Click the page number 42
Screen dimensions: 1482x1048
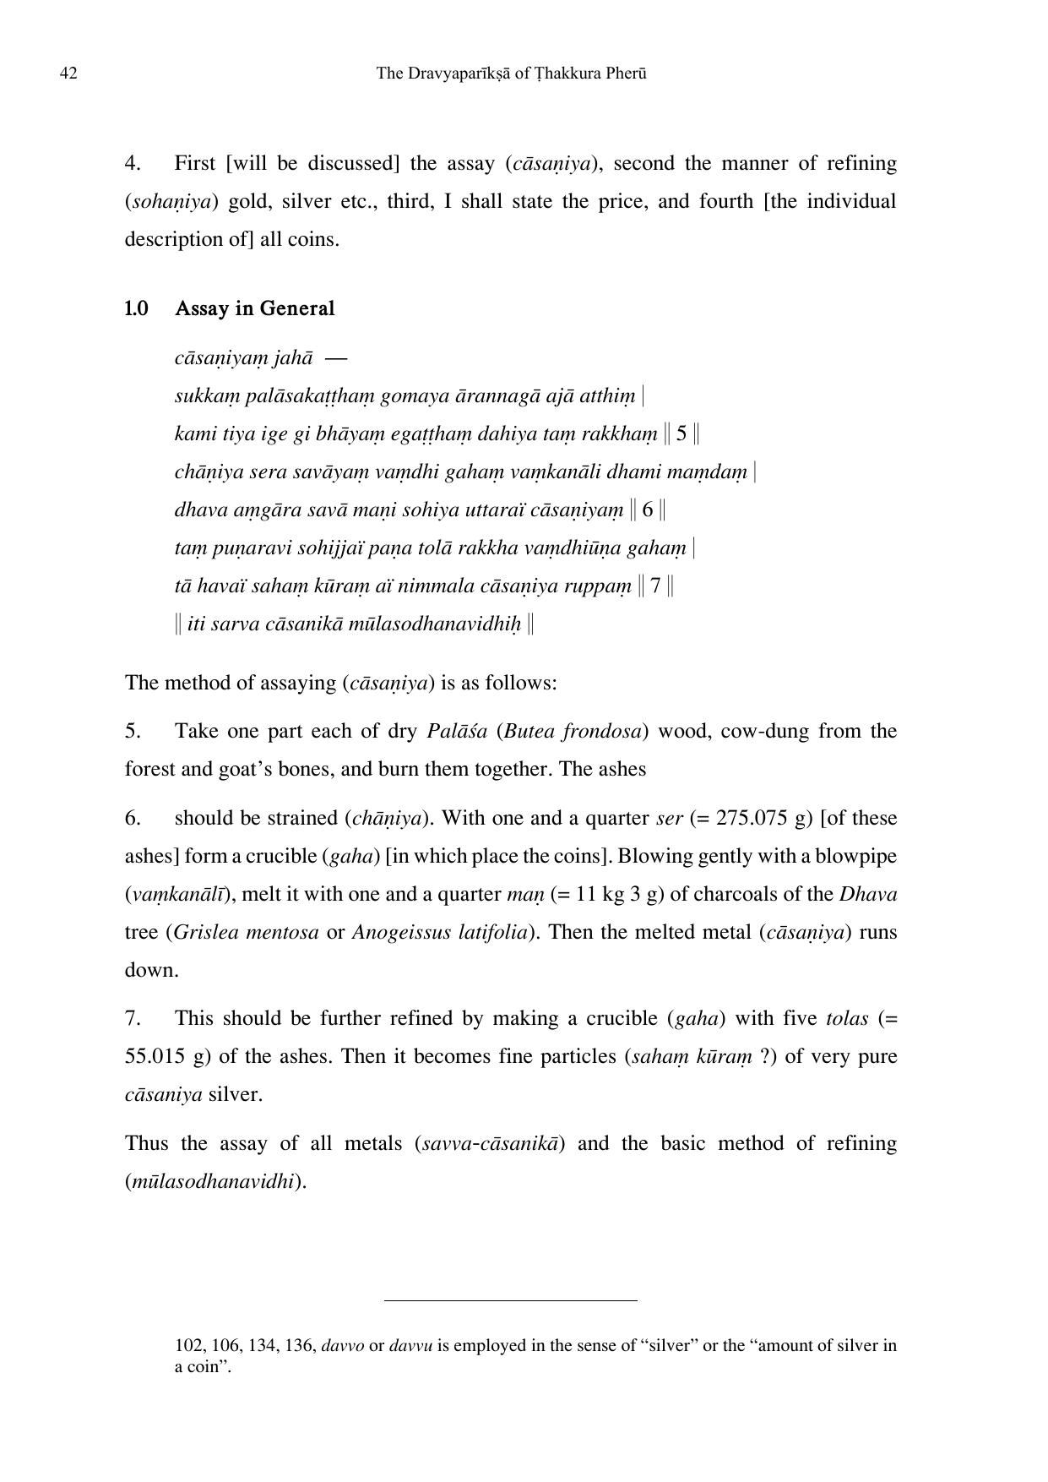[x=68, y=74]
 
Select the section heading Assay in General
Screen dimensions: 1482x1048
[x=254, y=308]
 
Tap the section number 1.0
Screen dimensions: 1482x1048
[x=136, y=308]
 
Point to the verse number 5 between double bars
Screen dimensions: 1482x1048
[x=681, y=434]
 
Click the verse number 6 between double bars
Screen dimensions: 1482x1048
[x=648, y=510]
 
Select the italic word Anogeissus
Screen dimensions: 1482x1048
[x=396, y=932]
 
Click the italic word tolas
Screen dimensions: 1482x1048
[x=846, y=1018]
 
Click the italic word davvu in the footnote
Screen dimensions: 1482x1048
[x=410, y=1345]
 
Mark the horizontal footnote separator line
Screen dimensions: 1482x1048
[x=510, y=1300]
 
